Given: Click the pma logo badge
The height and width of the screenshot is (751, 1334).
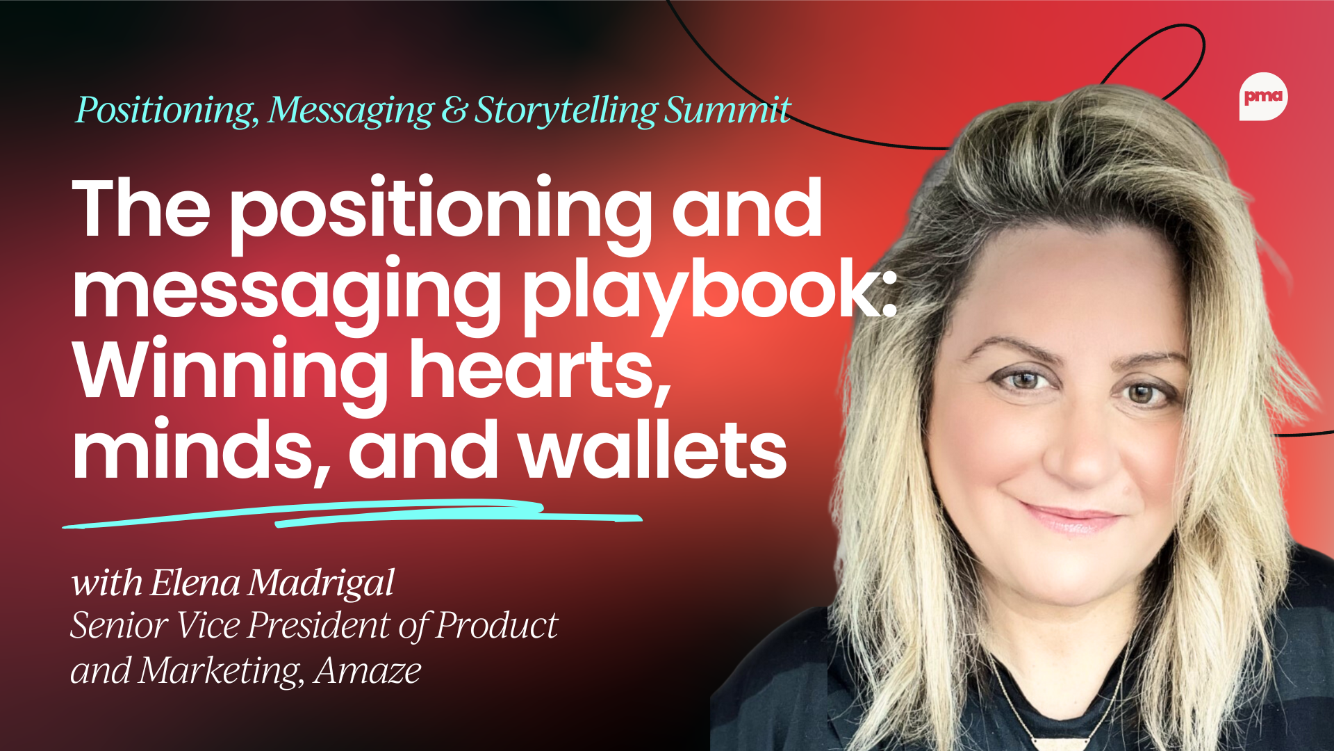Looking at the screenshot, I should (1263, 97).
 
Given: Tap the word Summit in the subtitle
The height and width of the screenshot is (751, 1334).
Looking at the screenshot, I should (727, 110).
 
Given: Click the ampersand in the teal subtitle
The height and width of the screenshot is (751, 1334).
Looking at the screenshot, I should (454, 111).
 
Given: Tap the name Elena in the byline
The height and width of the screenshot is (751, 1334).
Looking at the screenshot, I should (195, 583).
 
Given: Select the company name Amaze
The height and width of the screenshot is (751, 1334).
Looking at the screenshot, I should (368, 671).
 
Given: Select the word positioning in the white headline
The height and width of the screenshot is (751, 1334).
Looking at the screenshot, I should (441, 211).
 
